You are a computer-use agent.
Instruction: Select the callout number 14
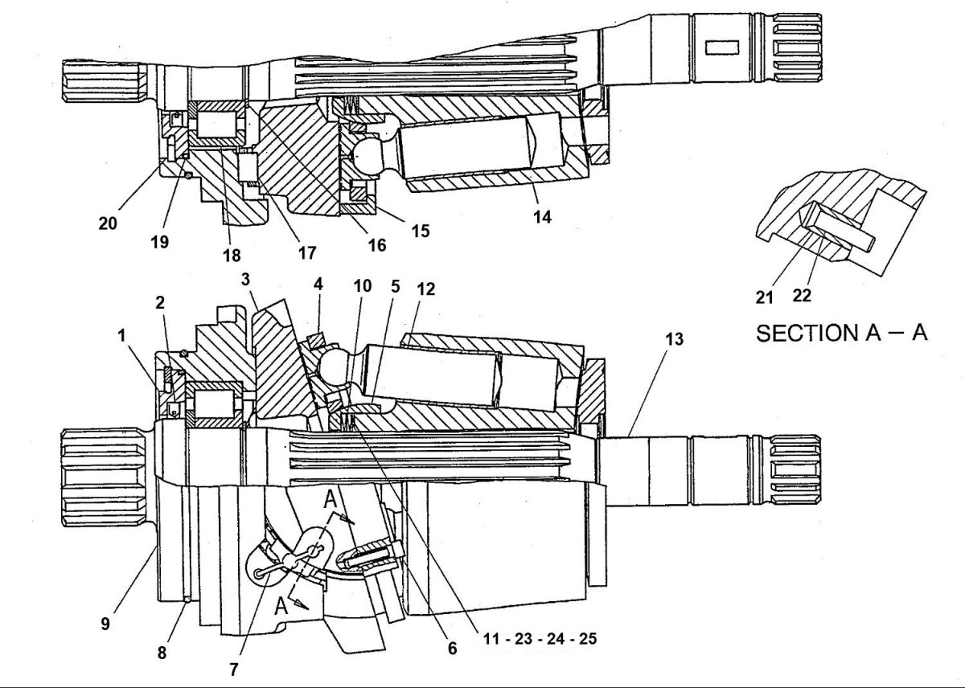542,216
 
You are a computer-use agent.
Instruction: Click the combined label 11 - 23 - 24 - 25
540,640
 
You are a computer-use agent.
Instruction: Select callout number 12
425,289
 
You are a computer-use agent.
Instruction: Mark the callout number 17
306,252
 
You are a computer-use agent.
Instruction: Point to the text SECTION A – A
841,333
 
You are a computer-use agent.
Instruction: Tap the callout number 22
801,295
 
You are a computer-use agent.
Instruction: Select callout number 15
420,231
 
